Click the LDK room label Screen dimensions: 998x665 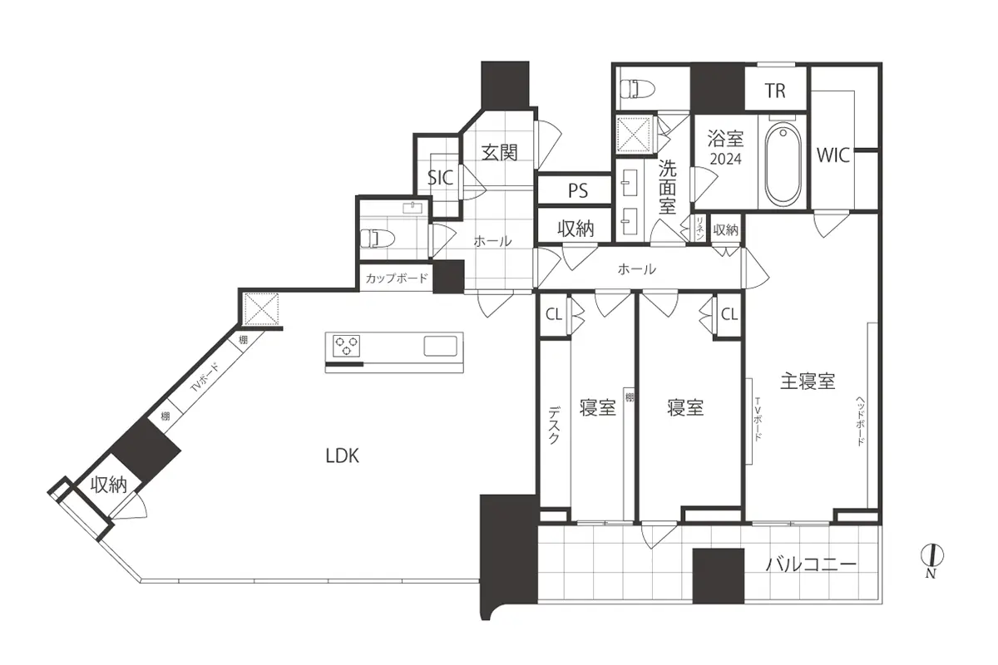[342, 456]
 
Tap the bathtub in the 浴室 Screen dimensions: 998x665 [783, 164]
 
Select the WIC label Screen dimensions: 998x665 [833, 155]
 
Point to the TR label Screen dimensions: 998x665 [775, 91]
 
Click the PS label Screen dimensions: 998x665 [578, 190]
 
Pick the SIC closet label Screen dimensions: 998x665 [440, 178]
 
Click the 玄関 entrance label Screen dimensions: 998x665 [499, 153]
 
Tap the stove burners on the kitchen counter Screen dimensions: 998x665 [346, 346]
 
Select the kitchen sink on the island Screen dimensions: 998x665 [440, 346]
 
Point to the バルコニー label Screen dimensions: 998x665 [811, 564]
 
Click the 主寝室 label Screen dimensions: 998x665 [808, 382]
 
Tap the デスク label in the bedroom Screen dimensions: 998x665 [554, 425]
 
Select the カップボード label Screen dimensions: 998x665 [397, 278]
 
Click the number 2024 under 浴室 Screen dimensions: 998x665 [725, 159]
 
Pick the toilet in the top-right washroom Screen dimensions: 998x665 [638, 88]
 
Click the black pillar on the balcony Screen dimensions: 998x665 [719, 576]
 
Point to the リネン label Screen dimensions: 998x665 [699, 228]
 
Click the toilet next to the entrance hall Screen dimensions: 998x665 [378, 238]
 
